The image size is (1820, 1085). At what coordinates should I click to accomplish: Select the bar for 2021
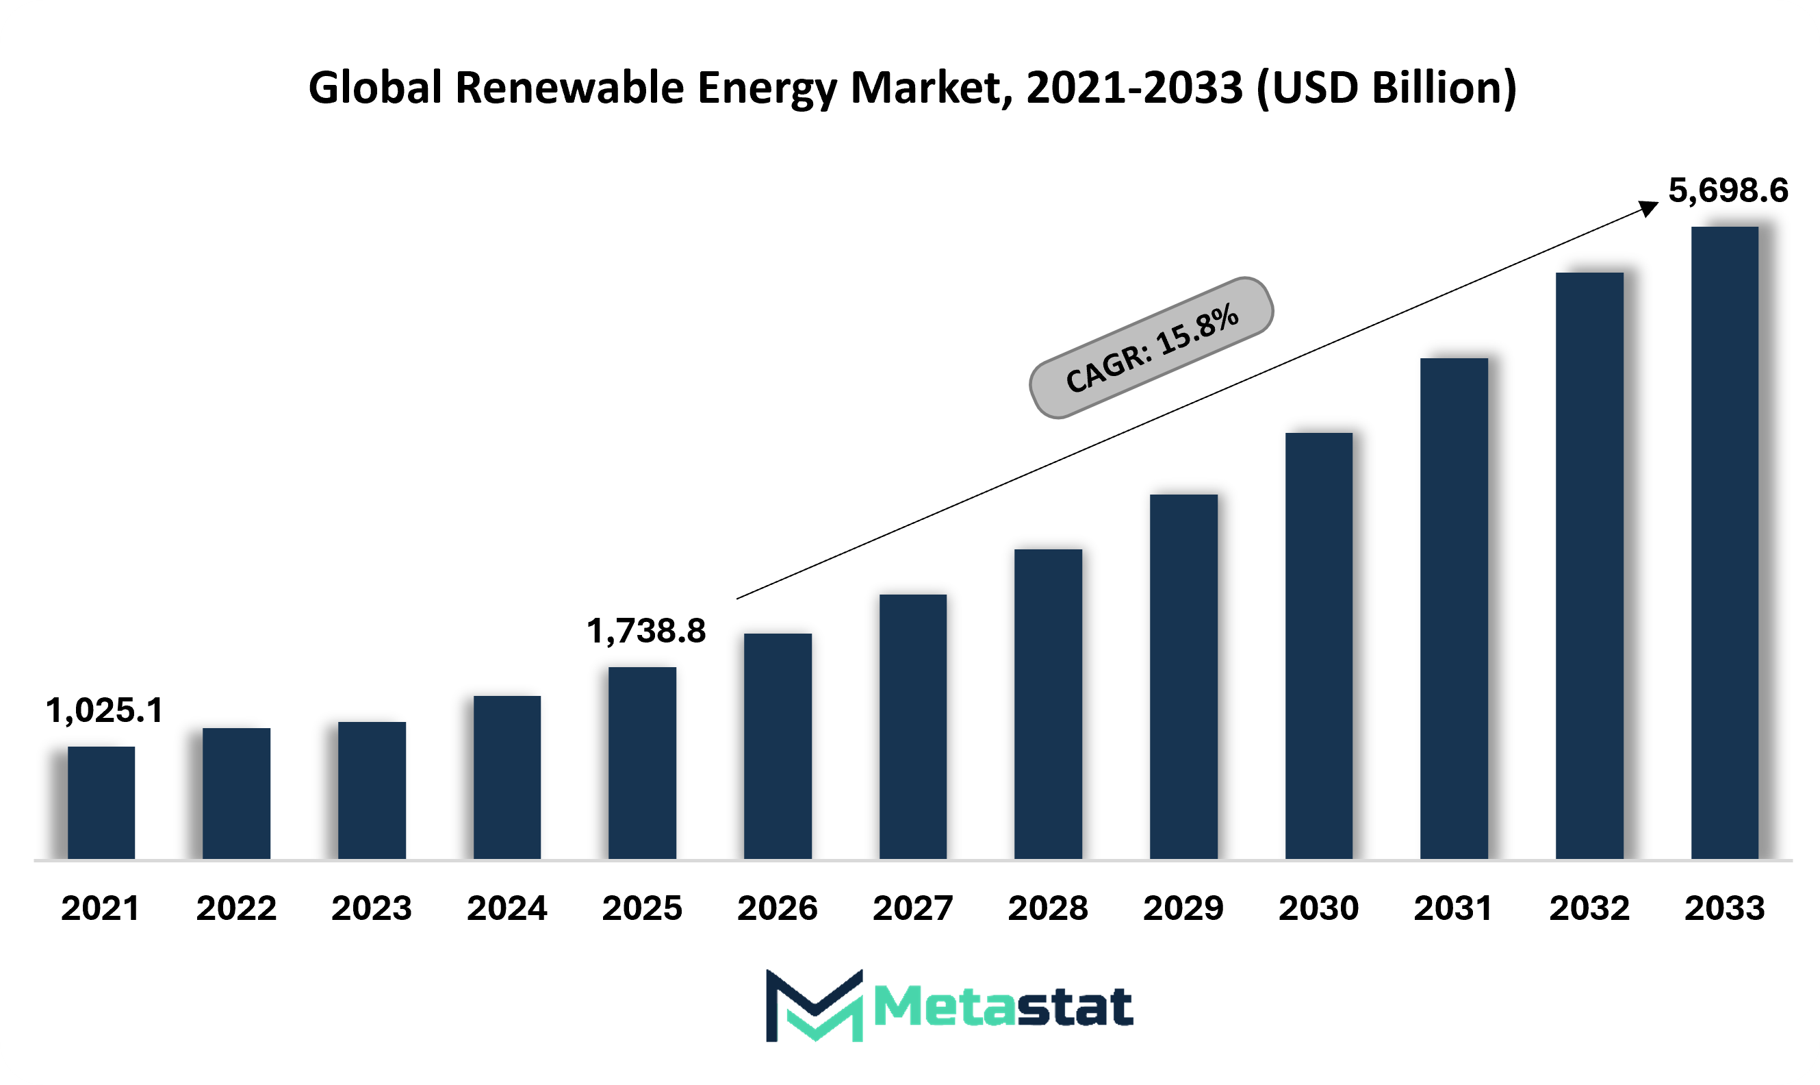coord(101,803)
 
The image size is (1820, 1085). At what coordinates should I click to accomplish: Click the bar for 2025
coord(642,763)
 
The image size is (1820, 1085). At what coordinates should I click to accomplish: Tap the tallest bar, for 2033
coord(1725,542)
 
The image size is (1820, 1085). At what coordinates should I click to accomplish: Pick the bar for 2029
coord(1183,677)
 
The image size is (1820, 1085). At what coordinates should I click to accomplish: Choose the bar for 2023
coord(372,790)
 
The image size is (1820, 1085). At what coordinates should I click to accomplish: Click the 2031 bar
coord(1454,608)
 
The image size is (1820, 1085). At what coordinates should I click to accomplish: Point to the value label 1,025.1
coord(105,710)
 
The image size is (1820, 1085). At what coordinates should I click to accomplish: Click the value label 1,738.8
coord(646,631)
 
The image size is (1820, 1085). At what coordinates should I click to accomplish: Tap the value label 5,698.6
coord(1728,190)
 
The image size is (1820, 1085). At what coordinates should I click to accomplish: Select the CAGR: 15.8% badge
coord(1151,348)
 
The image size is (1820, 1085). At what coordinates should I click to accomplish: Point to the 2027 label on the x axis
coord(912,908)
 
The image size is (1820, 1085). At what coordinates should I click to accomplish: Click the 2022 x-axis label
coord(236,908)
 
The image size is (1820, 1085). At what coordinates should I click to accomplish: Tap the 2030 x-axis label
coord(1319,908)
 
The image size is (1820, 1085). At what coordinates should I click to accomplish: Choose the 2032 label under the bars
coord(1589,908)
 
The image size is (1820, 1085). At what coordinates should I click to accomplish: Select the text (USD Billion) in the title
coord(1386,88)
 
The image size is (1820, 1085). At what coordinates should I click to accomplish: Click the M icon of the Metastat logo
coord(814,1006)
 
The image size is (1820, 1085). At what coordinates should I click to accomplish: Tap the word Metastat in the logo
coord(1003,1007)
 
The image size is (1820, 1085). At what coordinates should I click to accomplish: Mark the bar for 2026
coord(778,747)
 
